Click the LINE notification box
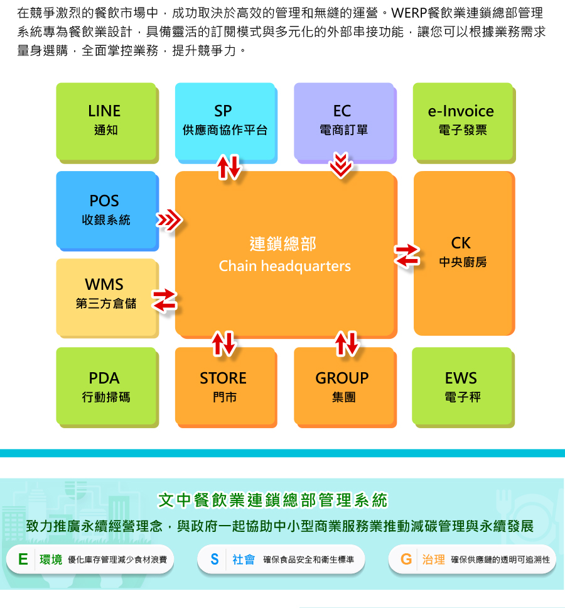pyautogui.click(x=105, y=120)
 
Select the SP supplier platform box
pyautogui.click(x=224, y=120)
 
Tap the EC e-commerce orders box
pyautogui.click(x=343, y=120)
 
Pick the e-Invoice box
pyautogui.click(x=462, y=120)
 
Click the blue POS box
pyautogui.click(x=105, y=209)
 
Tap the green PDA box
pyautogui.click(x=105, y=387)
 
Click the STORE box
pyautogui.click(x=224, y=387)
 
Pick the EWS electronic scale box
pyautogui.click(x=462, y=387)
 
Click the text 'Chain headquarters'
pyautogui.click(x=284, y=267)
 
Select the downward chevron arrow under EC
pyautogui.click(x=342, y=165)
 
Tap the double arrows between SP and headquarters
pyautogui.click(x=229, y=166)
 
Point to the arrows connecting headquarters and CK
pyautogui.click(x=407, y=255)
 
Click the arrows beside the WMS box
pyautogui.click(x=164, y=299)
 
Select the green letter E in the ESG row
pyautogui.click(x=23, y=559)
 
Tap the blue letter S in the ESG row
pyautogui.click(x=214, y=559)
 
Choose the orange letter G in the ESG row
pyautogui.click(x=406, y=559)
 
